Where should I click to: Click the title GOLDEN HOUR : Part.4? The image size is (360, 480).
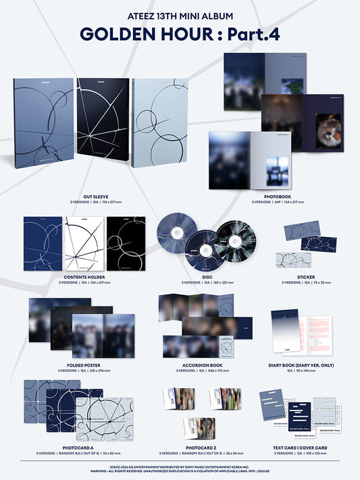(180, 33)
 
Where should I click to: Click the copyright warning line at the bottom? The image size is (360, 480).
(180, 470)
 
